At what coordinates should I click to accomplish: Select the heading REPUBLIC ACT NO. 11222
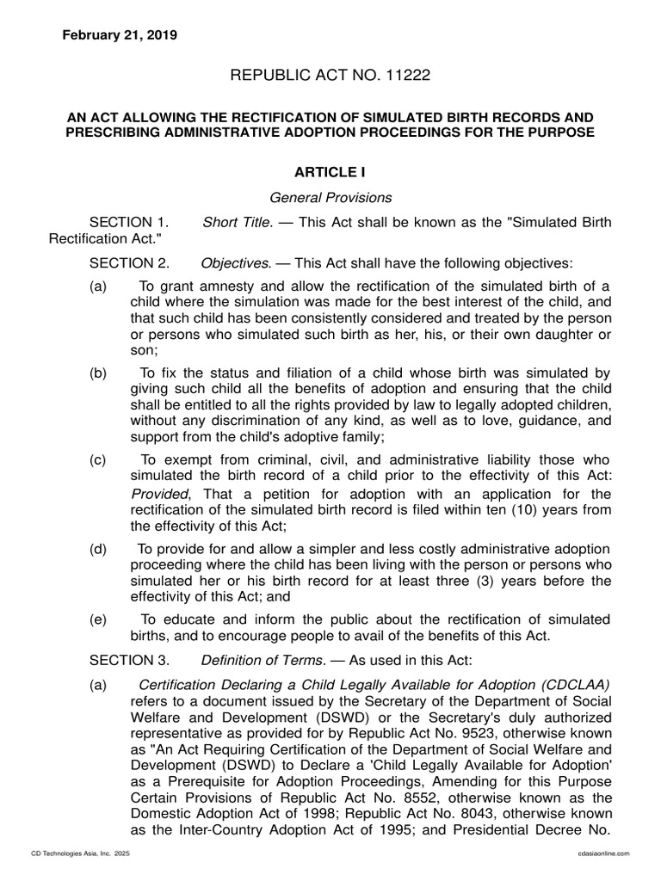pyautogui.click(x=330, y=77)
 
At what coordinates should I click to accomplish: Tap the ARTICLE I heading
pyautogui.click(x=330, y=173)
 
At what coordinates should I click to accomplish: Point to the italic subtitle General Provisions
pyautogui.click(x=330, y=197)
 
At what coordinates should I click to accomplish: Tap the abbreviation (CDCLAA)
pyautogui.click(x=577, y=684)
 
